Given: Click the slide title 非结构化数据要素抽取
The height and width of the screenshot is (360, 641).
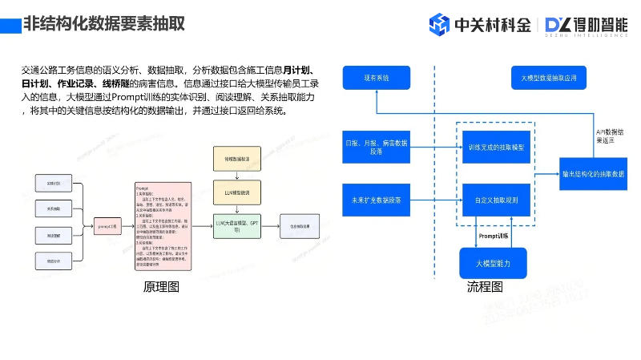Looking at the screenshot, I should point(104,23).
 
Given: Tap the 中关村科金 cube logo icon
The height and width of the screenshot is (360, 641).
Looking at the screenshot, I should point(440,25).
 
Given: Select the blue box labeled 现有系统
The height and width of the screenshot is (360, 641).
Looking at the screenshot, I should point(376,78).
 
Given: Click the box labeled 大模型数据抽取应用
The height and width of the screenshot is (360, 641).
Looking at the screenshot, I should point(548,79).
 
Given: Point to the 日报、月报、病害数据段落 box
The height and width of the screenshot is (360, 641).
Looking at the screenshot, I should point(376,147).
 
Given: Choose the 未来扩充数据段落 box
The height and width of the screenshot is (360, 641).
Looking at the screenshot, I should point(376,199).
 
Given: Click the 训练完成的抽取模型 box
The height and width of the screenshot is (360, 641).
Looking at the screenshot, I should point(496,148).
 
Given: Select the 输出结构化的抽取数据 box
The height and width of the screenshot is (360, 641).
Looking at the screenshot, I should point(594,173).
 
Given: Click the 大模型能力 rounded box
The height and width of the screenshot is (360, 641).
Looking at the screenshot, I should point(493,263).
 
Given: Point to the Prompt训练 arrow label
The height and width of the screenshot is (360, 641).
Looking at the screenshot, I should point(494,236).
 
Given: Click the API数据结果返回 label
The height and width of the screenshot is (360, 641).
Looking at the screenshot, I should point(610,136).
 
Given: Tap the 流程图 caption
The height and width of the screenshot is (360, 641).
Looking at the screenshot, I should point(485,287).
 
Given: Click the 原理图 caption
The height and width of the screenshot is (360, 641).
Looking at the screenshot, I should point(161,287).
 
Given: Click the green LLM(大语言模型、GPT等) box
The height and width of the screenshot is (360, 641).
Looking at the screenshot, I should point(237,225).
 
